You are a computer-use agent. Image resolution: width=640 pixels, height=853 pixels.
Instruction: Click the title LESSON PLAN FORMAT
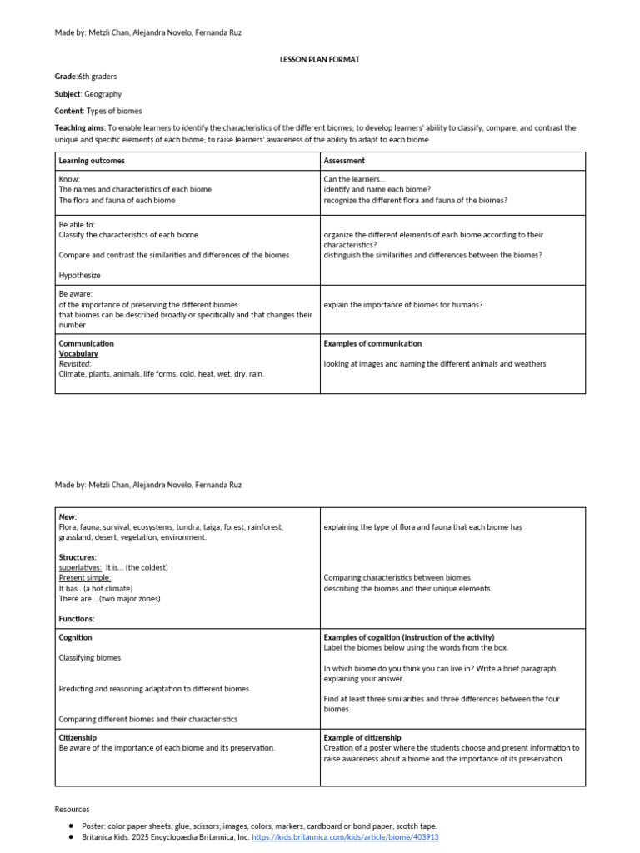[319, 60]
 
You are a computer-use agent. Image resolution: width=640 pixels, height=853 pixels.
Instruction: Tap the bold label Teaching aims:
[80, 128]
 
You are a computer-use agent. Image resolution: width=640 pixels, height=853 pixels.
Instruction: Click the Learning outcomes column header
[92, 161]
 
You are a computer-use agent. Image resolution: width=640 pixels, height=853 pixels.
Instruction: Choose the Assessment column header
[344, 161]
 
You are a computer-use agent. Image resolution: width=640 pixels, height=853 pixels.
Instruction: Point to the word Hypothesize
[79, 275]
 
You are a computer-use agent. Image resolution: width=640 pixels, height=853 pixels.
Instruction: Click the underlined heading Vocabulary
[78, 354]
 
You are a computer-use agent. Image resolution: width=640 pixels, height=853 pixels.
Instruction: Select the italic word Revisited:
[75, 364]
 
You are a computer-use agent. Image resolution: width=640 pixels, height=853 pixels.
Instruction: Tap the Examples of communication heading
[372, 343]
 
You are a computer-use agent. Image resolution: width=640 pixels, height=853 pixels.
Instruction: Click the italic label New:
[67, 517]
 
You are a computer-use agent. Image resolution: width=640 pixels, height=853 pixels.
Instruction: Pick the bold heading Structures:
[77, 557]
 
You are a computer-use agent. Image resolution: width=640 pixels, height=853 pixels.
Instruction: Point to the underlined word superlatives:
[80, 567]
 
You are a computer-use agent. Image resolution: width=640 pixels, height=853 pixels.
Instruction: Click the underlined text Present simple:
[84, 577]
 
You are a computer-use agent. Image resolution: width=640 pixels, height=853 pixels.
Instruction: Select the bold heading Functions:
[77, 619]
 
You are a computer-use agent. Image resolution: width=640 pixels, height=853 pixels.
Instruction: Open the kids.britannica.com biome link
[345, 837]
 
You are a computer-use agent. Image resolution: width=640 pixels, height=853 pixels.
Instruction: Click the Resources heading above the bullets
[72, 809]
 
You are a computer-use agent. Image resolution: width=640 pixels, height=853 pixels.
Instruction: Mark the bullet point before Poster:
[73, 826]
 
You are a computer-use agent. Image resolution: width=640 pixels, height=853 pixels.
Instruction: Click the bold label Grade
[65, 77]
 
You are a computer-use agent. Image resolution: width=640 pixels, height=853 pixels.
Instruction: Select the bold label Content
[70, 111]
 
